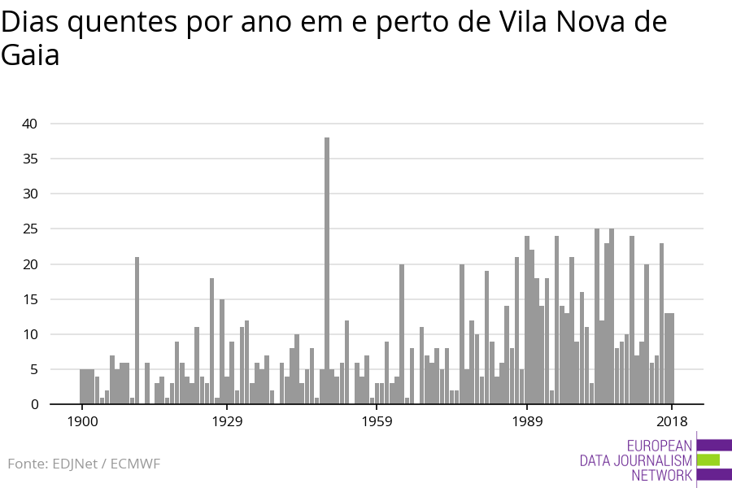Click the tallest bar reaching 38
click(x=327, y=268)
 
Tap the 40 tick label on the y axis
click(x=30, y=124)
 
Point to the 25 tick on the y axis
click(x=30, y=229)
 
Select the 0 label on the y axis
click(x=34, y=404)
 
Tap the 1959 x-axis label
click(x=377, y=421)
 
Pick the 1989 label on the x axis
click(x=527, y=421)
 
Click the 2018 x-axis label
click(x=672, y=421)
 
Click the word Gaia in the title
click(x=30, y=57)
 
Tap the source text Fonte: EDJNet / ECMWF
click(x=84, y=464)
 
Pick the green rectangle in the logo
click(x=708, y=460)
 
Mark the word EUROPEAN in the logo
click(x=660, y=445)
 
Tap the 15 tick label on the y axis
click(x=30, y=299)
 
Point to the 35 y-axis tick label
click(x=30, y=159)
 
